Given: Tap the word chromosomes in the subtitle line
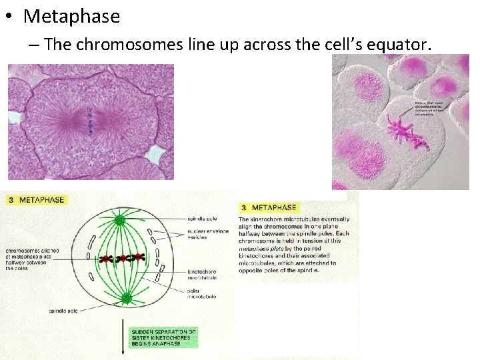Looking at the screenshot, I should click(127, 45).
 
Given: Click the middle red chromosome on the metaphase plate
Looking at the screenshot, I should click(121, 258).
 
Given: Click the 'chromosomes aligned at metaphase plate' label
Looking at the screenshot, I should click(33, 258).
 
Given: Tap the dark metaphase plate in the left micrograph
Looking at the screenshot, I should click(88, 121).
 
